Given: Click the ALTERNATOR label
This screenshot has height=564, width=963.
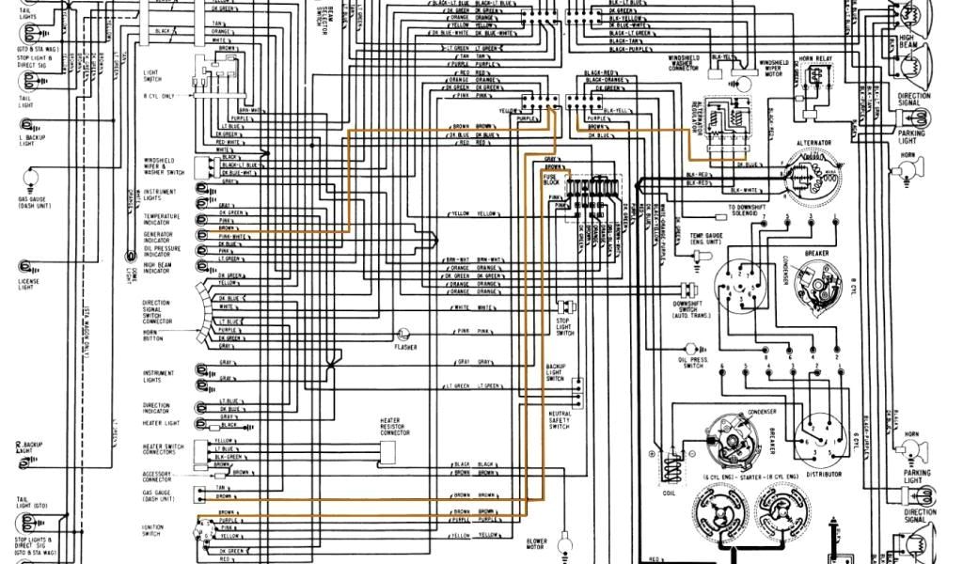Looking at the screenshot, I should [x=813, y=142].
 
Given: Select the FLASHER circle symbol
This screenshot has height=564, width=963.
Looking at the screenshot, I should [x=403, y=333].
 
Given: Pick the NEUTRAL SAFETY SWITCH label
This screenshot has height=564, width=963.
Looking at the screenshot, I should [x=559, y=420].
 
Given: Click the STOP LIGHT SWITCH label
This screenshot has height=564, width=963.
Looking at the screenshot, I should [x=564, y=328].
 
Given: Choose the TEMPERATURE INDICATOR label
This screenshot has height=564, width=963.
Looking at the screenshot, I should [x=161, y=219].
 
